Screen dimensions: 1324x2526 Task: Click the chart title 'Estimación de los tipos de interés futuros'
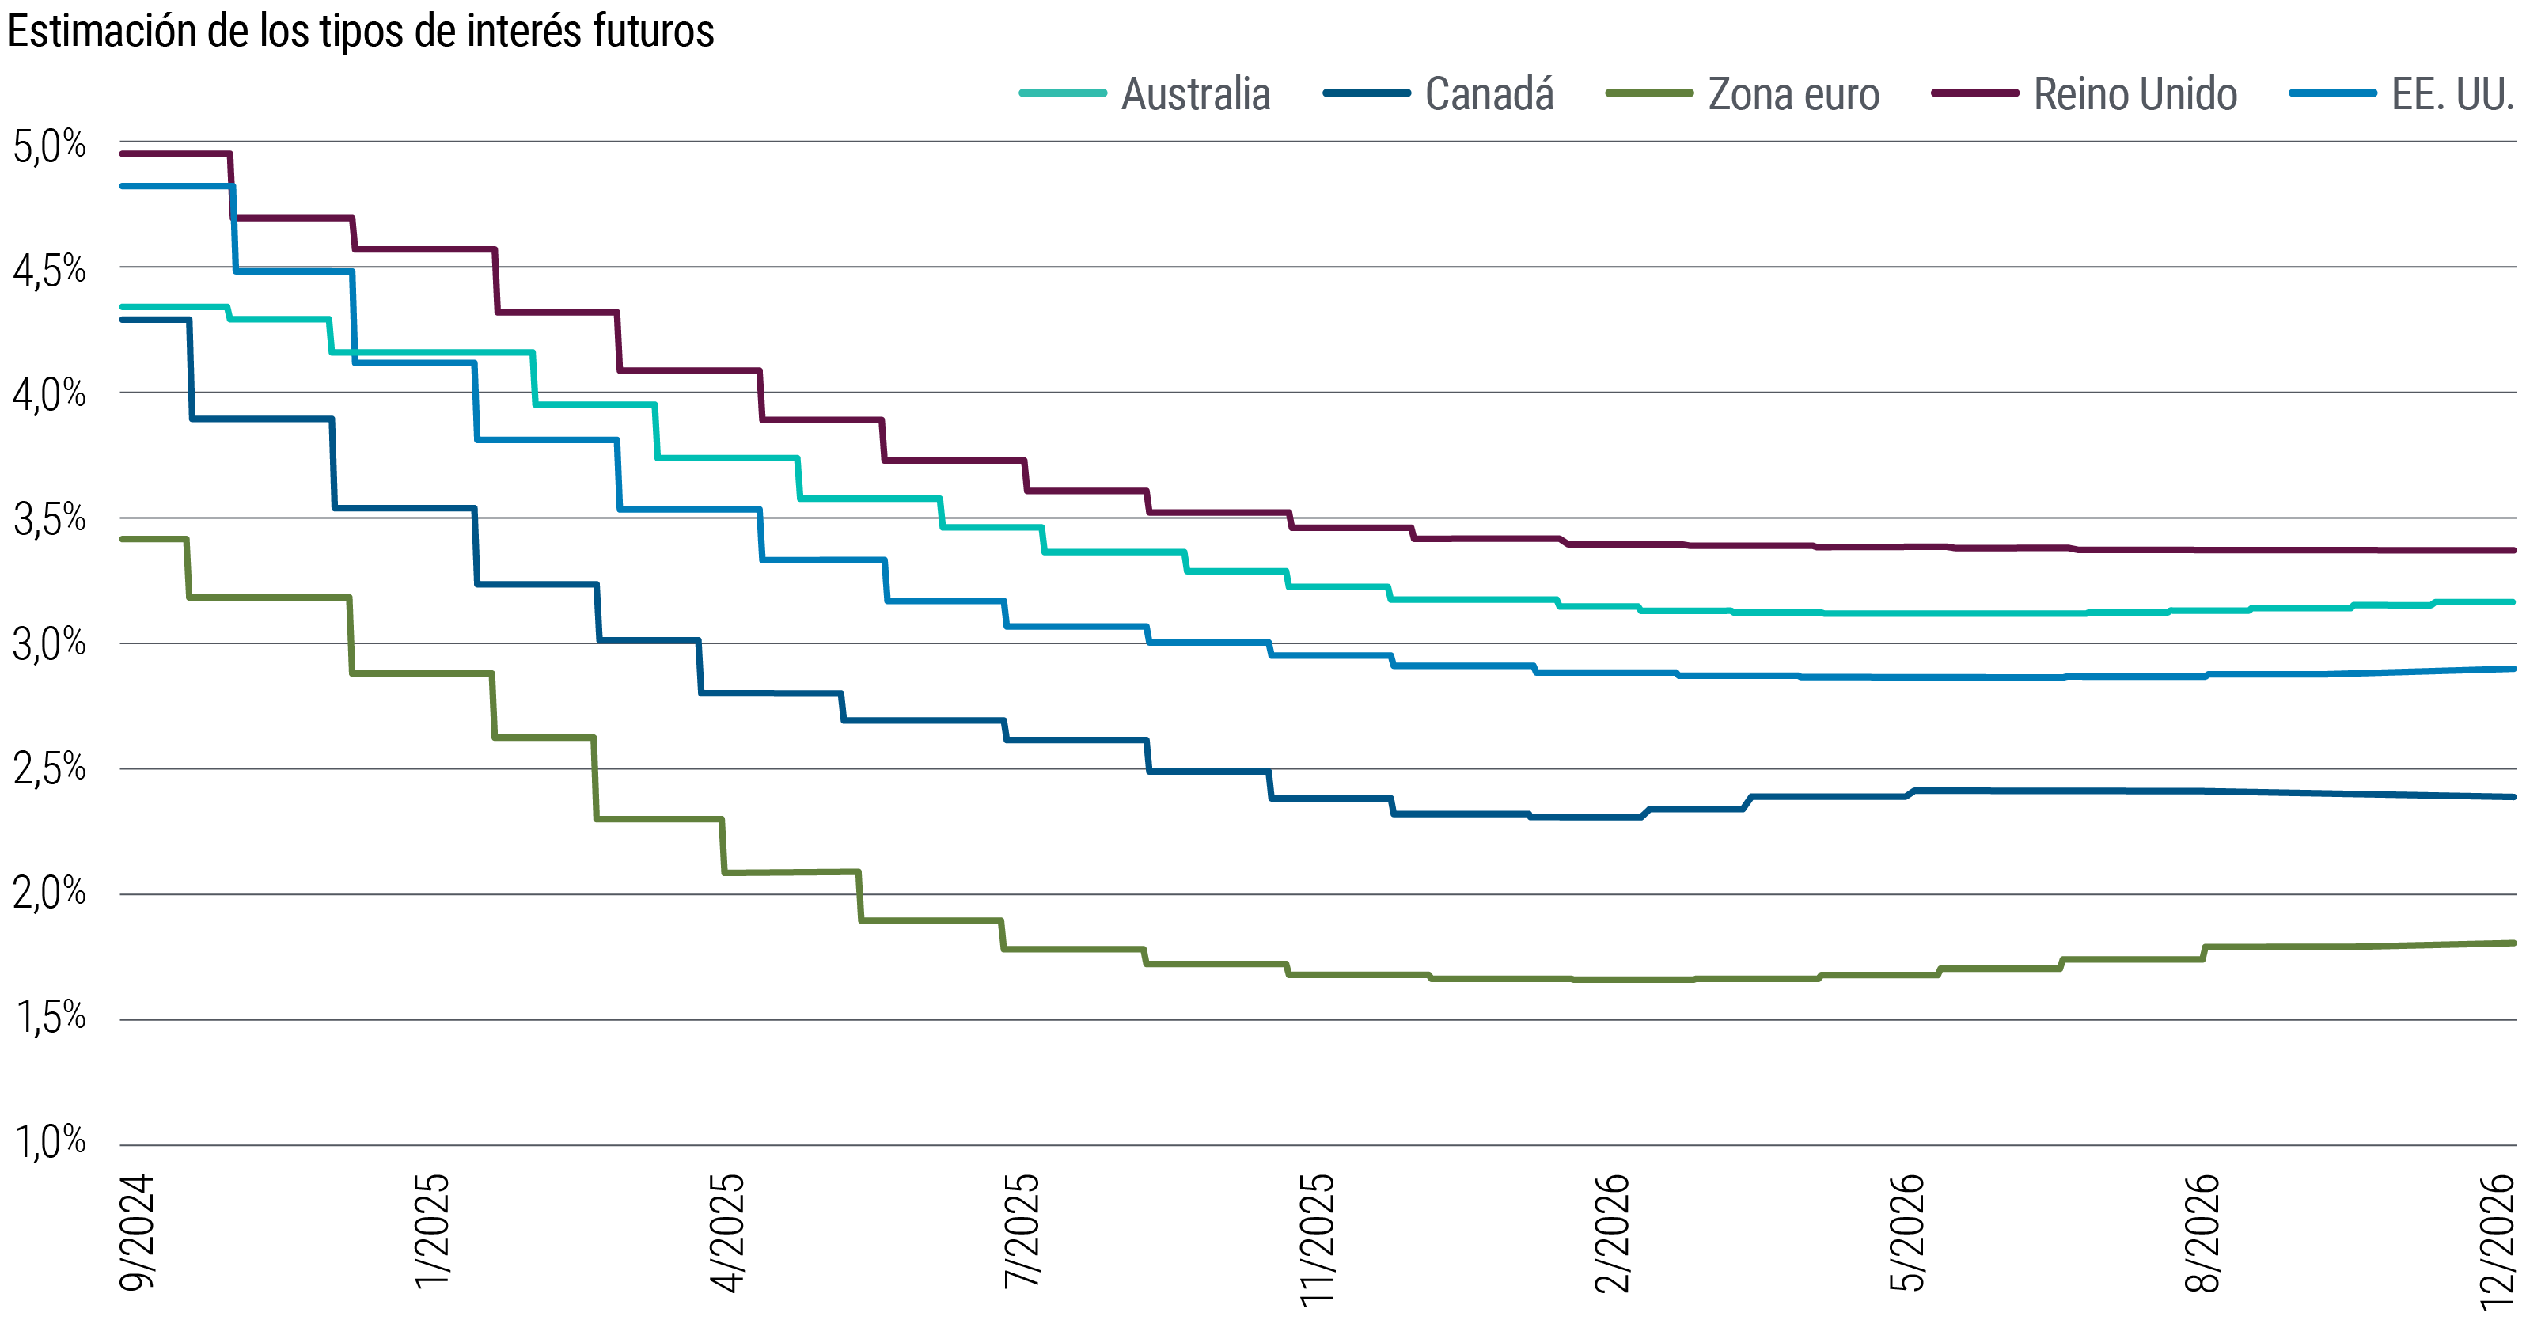point(360,32)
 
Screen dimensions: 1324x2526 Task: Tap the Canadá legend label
point(1489,94)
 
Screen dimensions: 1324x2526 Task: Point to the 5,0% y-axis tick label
point(49,146)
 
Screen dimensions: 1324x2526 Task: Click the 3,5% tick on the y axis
point(49,520)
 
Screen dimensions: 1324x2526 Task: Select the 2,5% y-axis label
point(49,769)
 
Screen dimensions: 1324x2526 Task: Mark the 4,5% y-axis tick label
point(49,271)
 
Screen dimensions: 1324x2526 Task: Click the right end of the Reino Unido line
point(2514,550)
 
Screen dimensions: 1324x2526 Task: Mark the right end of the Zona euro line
point(2514,943)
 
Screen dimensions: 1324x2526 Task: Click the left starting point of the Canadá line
point(122,319)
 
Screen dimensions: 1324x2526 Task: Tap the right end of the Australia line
point(2514,601)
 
